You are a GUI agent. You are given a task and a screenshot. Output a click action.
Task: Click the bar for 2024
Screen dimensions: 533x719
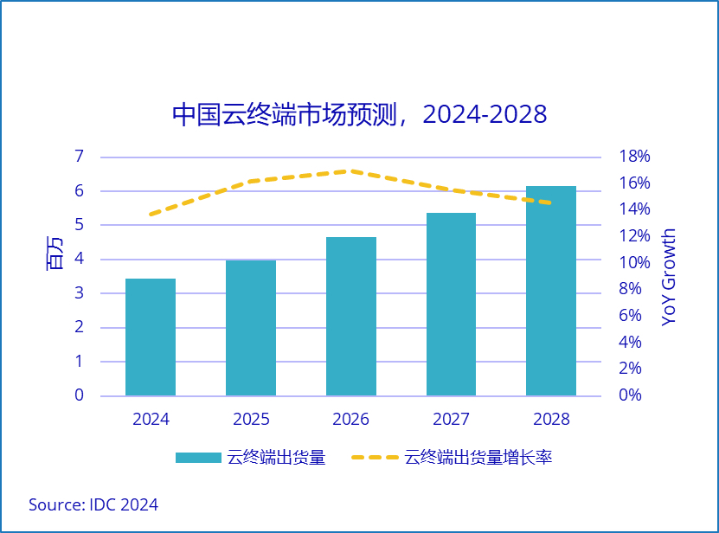click(151, 337)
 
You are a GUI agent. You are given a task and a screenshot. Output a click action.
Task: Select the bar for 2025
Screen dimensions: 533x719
click(251, 328)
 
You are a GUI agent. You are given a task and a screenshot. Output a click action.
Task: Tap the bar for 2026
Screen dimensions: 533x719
click(351, 317)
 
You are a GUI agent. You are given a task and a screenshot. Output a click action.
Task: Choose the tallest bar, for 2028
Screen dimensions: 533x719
click(551, 291)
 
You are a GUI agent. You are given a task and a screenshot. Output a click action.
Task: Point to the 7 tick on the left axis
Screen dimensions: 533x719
click(79, 157)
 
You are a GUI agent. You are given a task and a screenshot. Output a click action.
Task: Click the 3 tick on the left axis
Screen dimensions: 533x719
click(79, 293)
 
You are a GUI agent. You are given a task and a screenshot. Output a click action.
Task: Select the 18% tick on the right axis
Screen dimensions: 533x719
click(634, 157)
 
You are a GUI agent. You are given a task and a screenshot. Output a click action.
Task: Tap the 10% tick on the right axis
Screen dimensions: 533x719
click(634, 262)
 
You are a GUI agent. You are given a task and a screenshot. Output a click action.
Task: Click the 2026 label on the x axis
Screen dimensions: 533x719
click(351, 420)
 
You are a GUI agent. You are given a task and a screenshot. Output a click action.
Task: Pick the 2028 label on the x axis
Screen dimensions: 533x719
click(551, 420)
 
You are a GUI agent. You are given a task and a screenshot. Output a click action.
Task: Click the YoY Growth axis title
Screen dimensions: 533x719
click(669, 277)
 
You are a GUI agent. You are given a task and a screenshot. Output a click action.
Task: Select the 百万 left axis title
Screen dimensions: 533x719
click(54, 252)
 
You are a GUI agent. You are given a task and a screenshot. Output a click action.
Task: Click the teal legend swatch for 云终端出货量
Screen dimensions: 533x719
click(198, 458)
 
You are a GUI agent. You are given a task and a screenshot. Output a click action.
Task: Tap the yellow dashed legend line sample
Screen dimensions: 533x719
click(375, 458)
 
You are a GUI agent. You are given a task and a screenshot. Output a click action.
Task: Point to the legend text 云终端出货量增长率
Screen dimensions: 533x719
click(478, 458)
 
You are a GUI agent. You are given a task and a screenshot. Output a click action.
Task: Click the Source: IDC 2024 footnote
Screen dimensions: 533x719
click(93, 504)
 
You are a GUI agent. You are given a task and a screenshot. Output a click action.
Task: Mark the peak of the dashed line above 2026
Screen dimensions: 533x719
click(350, 171)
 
